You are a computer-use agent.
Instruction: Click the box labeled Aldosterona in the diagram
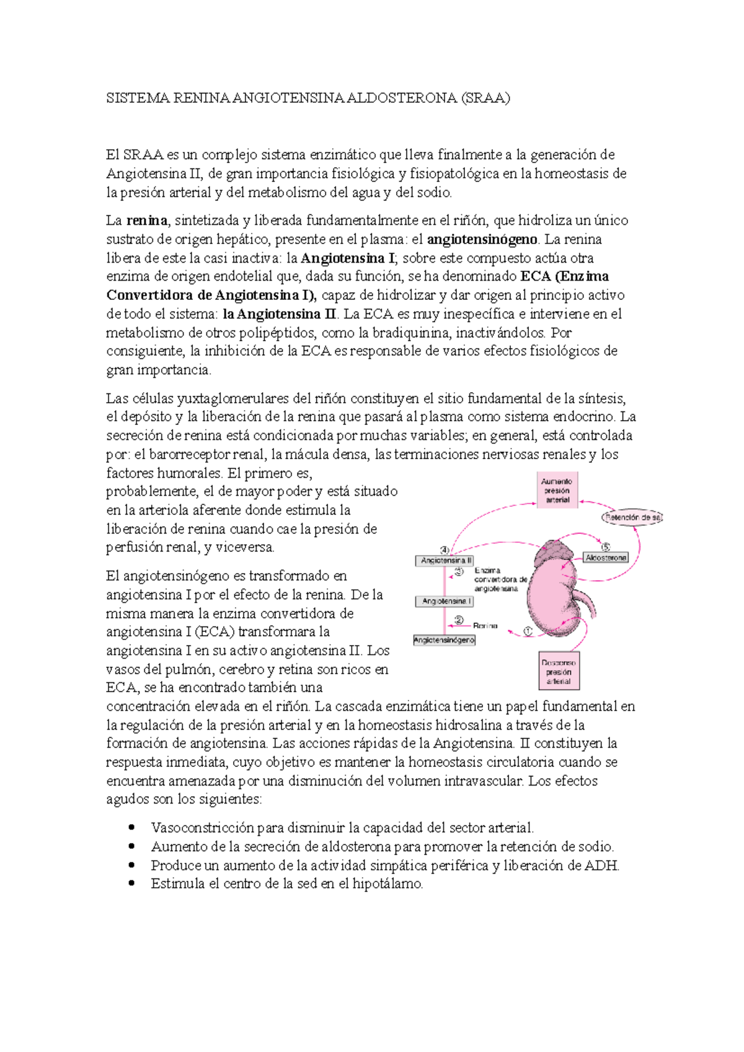tap(606, 558)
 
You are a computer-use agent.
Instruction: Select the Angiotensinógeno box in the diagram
tap(444, 640)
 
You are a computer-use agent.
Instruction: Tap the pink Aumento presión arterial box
tap(557, 490)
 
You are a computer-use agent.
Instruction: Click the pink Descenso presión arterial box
tap(559, 672)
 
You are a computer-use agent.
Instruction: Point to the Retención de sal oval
tap(632, 517)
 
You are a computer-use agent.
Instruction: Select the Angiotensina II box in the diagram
tap(444, 560)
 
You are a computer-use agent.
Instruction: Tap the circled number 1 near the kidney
tap(528, 631)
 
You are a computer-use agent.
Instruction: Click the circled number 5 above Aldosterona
tap(606, 546)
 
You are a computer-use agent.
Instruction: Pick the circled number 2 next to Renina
tap(459, 620)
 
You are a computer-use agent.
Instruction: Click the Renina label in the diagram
tap(485, 626)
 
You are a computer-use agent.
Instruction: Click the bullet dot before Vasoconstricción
tap(131, 827)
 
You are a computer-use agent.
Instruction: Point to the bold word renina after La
tap(147, 221)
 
